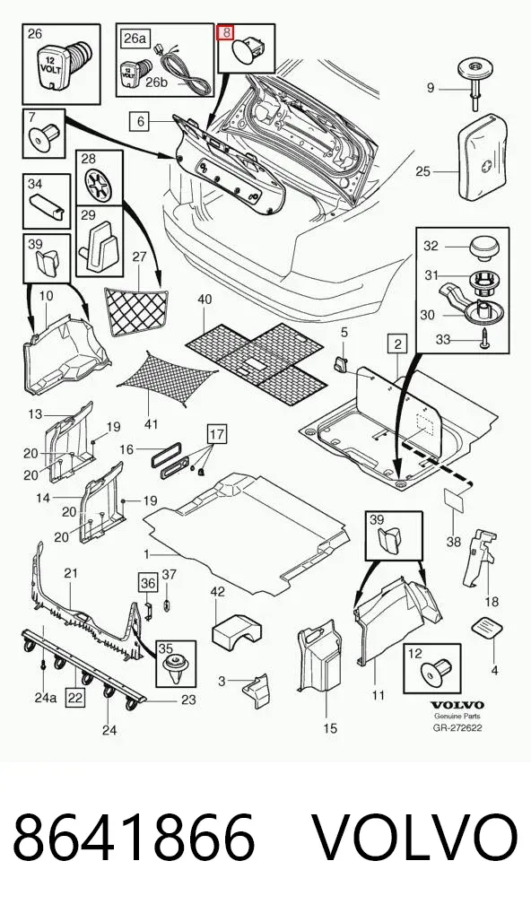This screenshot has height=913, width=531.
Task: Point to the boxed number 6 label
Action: (141, 122)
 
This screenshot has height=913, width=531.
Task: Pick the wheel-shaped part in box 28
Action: (100, 185)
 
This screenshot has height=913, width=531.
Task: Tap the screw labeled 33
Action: (483, 339)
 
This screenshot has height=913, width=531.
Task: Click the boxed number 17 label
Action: (216, 434)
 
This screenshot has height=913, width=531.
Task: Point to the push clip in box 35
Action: (174, 668)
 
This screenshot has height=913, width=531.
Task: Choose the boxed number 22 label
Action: (74, 696)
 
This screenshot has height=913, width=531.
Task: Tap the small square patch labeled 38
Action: (454, 500)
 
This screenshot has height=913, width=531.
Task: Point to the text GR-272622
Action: (457, 728)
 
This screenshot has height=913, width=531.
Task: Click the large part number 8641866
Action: (134, 837)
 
